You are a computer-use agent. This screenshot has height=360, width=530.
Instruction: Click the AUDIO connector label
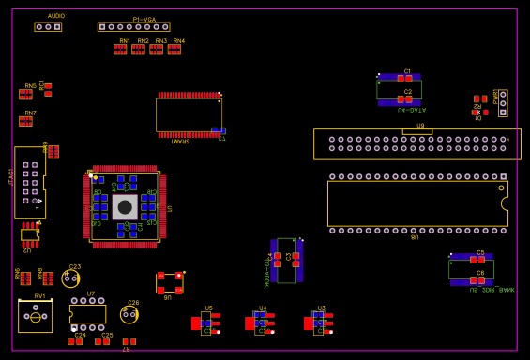[x=56, y=16]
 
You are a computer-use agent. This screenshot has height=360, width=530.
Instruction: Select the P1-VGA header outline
[x=133, y=27]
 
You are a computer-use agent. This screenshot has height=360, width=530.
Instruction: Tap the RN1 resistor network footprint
[x=120, y=50]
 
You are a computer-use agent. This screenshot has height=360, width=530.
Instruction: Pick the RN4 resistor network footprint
[x=174, y=50]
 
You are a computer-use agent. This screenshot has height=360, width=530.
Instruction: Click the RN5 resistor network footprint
[x=25, y=94]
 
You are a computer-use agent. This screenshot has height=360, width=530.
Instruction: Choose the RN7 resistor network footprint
[x=28, y=121]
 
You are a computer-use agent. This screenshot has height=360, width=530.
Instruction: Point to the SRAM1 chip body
[x=188, y=115]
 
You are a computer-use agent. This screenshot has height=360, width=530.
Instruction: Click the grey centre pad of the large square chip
[x=125, y=206]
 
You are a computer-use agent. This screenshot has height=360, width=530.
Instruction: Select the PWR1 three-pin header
[x=503, y=103]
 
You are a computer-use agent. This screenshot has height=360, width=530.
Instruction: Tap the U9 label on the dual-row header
[x=420, y=126]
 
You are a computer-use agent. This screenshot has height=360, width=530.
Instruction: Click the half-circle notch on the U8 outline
[x=505, y=203]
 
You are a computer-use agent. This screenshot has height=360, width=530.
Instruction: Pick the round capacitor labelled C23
[x=70, y=278]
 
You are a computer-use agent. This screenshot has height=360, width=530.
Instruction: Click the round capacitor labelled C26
[x=129, y=314]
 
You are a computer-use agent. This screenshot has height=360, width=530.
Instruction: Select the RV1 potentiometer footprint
[x=36, y=317]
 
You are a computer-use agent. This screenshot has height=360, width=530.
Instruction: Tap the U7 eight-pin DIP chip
[x=88, y=314]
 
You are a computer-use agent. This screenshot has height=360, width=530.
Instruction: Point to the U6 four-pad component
[x=169, y=282]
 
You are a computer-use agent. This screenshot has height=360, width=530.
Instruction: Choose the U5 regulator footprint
[x=206, y=322]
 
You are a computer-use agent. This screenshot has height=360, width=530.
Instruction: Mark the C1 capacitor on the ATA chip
[x=404, y=79]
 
